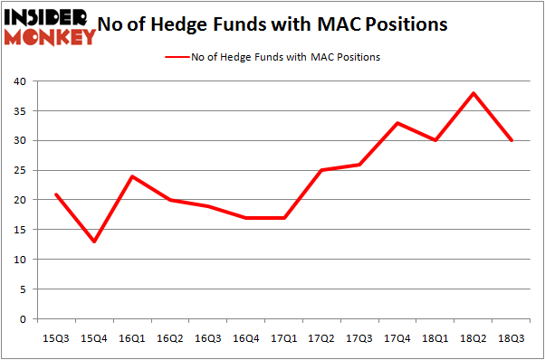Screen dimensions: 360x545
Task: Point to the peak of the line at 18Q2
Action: [x=473, y=93]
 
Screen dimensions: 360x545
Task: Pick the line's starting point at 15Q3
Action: [x=56, y=194]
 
